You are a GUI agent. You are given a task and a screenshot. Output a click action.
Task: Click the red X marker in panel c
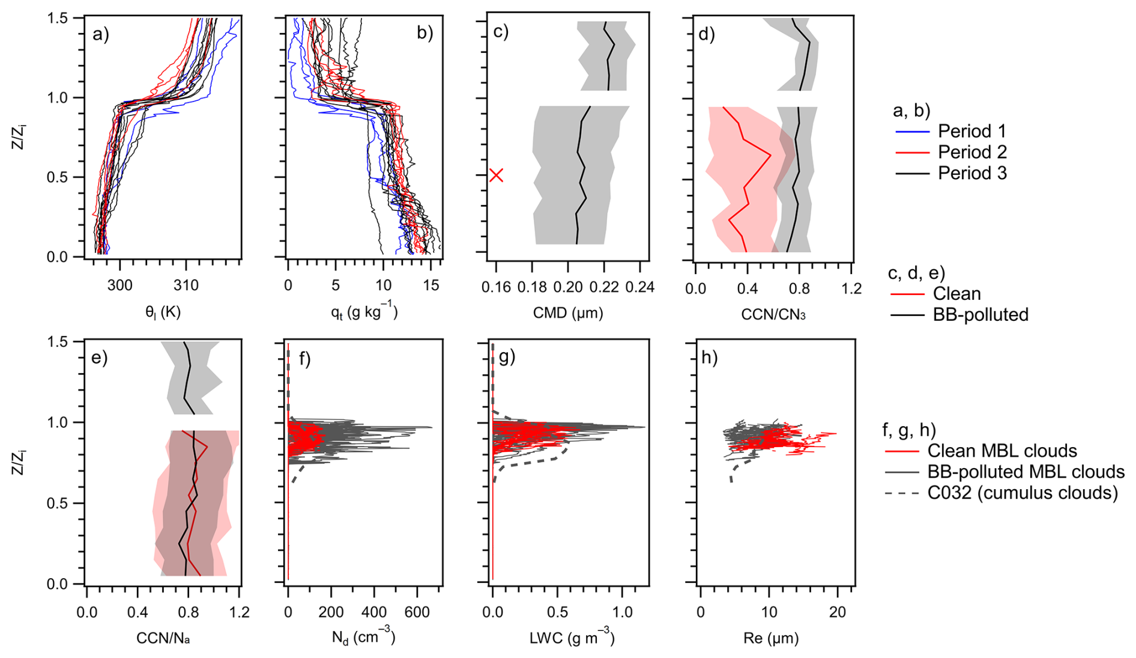pyautogui.click(x=496, y=175)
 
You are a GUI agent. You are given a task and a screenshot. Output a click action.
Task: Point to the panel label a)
pyautogui.click(x=101, y=34)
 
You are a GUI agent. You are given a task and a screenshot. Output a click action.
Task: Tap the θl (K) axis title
pyautogui.click(x=163, y=312)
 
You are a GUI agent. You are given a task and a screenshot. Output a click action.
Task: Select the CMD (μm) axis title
pyautogui.click(x=567, y=312)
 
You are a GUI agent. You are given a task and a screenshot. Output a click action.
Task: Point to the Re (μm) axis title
pyautogui.click(x=771, y=638)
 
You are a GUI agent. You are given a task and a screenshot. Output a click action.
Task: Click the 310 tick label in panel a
pyautogui.click(x=186, y=285)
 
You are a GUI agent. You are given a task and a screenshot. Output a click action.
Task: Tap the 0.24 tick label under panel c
pyautogui.click(x=640, y=287)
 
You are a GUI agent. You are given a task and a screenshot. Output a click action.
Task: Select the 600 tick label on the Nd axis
pyautogui.click(x=417, y=612)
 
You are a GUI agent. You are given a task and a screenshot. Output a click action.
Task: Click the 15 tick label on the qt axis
pyautogui.click(x=431, y=285)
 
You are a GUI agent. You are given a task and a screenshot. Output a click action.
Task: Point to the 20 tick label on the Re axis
pyautogui.click(x=837, y=612)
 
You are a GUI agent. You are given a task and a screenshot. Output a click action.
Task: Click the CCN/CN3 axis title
pyautogui.click(x=773, y=314)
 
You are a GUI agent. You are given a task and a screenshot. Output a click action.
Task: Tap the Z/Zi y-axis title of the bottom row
pyautogui.click(x=19, y=462)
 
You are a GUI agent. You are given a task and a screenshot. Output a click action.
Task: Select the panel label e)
pyautogui.click(x=100, y=358)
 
